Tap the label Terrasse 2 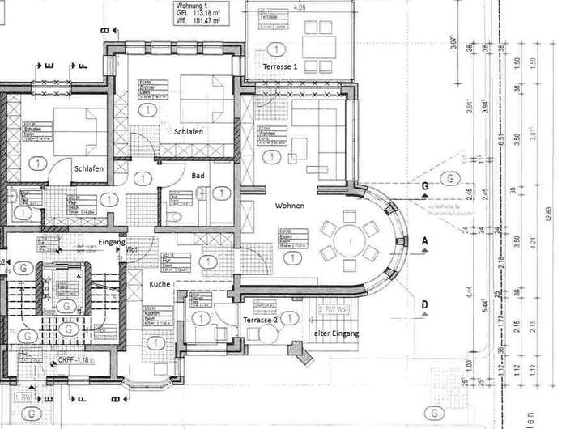coord(261,321)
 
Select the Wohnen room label coord(290,206)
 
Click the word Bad coord(198,176)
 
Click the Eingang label coord(111,242)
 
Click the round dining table coord(350,240)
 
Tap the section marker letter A coord(424,241)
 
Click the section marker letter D coord(424,304)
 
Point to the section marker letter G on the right coord(424,185)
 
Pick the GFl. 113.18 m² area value coord(199,14)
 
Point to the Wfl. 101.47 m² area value coord(199,22)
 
